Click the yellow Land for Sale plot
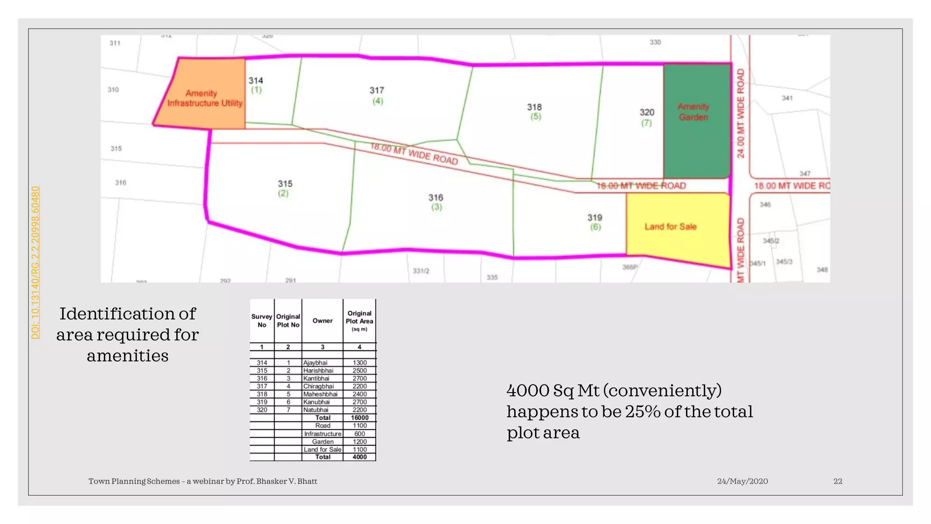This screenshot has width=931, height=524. (x=671, y=227)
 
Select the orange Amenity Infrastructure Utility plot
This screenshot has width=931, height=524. (x=204, y=98)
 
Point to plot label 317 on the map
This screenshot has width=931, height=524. (x=377, y=91)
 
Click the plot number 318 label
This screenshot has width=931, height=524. (x=535, y=107)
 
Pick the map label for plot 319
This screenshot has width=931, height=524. (x=595, y=218)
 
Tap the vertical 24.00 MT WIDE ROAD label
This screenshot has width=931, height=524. (x=741, y=113)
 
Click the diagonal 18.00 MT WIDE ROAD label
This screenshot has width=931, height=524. (x=414, y=154)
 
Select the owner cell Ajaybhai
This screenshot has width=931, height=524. (x=315, y=363)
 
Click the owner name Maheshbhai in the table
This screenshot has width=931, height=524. (x=320, y=394)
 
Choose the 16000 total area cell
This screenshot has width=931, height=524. (x=360, y=418)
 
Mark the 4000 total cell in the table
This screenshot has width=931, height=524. (x=360, y=457)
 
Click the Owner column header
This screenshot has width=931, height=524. (x=322, y=321)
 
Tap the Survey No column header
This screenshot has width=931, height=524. (x=262, y=321)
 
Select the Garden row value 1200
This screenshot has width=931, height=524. (x=360, y=442)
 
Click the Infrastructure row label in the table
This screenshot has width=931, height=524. (x=322, y=434)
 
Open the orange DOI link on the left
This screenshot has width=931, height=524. (x=35, y=262)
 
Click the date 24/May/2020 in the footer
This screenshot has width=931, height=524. (x=742, y=481)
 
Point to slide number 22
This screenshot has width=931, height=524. (x=838, y=481)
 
